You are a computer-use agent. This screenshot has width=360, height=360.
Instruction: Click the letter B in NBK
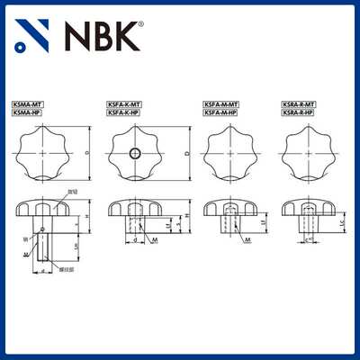pos(108,36)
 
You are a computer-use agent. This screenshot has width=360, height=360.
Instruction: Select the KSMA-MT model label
pos(28,105)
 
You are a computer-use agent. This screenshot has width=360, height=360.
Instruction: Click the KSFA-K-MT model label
pos(124,105)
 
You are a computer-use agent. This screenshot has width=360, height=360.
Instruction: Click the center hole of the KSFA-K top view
pos(134,154)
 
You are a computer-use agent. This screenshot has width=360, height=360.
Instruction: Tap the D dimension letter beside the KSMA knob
pos(85,154)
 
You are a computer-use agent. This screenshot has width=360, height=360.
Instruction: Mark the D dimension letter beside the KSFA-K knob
pos(185,154)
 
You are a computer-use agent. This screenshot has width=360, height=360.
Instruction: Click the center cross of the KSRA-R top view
pos(306,154)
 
